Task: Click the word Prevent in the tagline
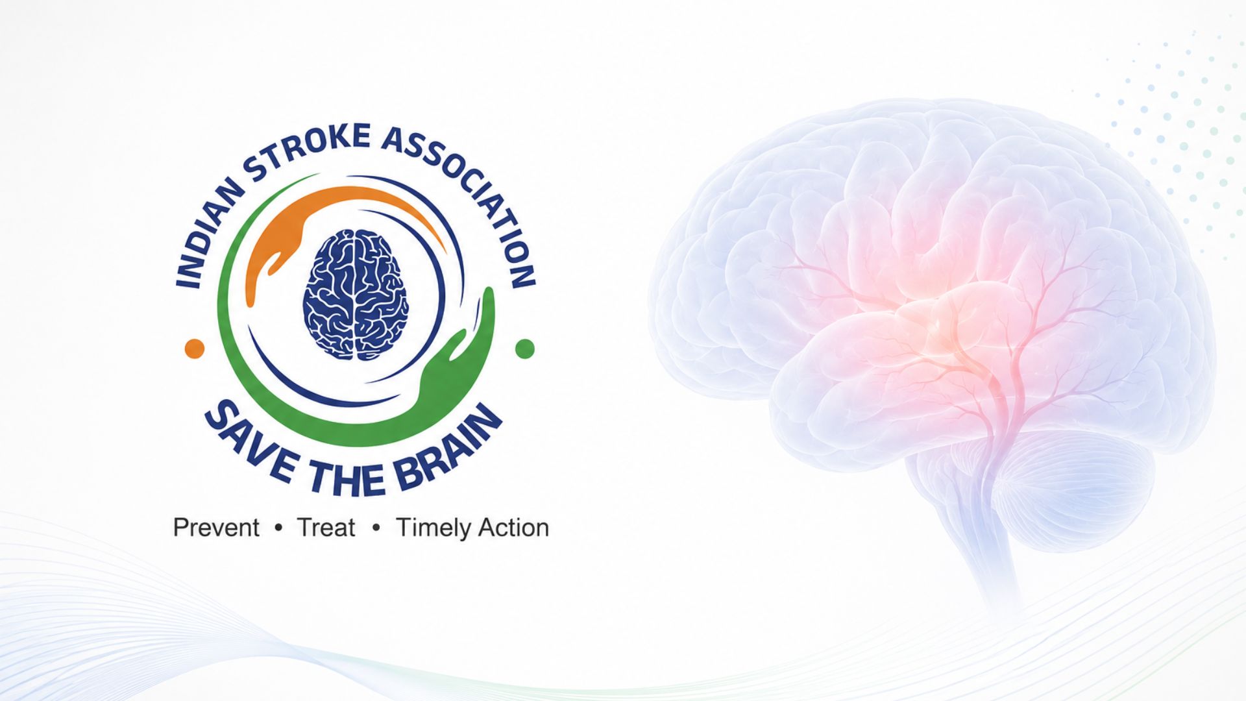[x=216, y=528]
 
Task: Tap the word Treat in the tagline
[x=326, y=528]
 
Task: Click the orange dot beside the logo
[x=195, y=349]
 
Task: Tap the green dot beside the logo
[x=524, y=349]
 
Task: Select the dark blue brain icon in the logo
[x=356, y=294]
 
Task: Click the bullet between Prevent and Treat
[x=279, y=528]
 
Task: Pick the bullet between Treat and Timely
[x=376, y=528]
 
